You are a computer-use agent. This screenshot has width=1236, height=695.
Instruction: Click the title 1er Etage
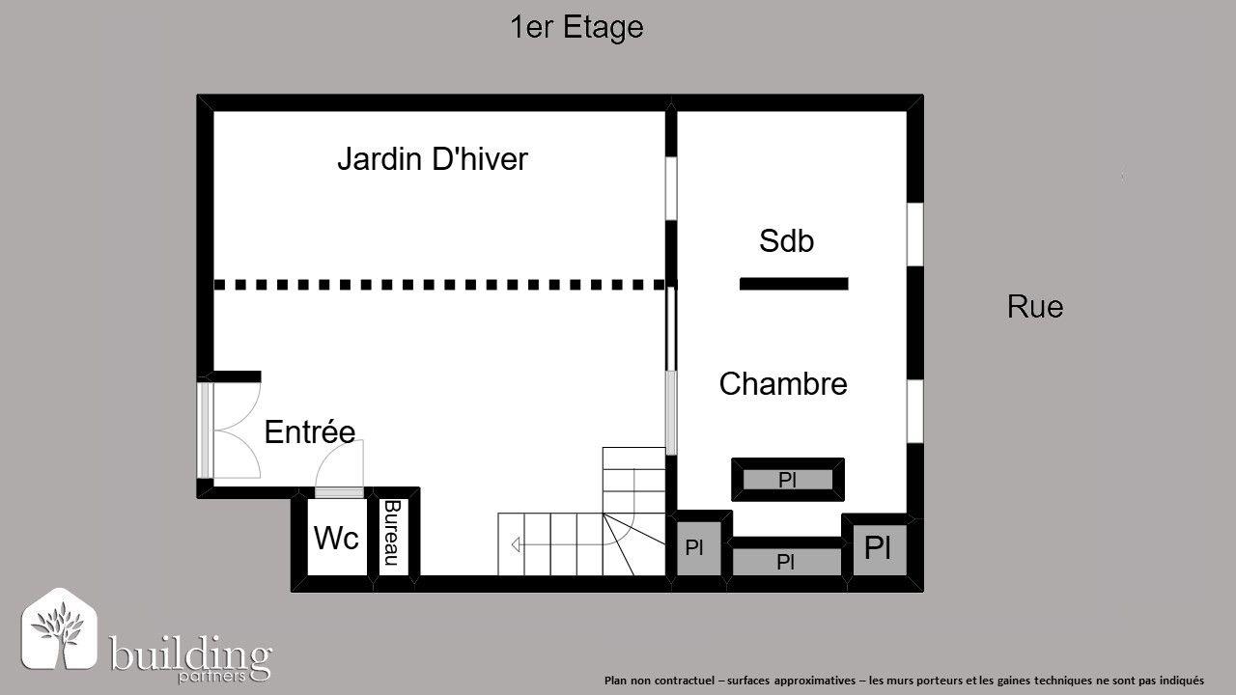pyautogui.click(x=576, y=28)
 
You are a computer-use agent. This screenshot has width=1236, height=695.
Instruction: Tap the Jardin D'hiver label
pyautogui.click(x=433, y=159)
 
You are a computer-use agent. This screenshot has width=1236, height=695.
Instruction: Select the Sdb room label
pyautogui.click(x=786, y=240)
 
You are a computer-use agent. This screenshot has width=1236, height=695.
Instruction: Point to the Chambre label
pyautogui.click(x=783, y=383)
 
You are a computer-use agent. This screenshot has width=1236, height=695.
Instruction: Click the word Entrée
pyautogui.click(x=310, y=431)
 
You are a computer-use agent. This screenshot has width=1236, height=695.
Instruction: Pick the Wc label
pyautogui.click(x=336, y=538)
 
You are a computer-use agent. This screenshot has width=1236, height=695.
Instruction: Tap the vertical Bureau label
pyautogui.click(x=391, y=533)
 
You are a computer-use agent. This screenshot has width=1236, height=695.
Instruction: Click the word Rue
pyautogui.click(x=1035, y=307)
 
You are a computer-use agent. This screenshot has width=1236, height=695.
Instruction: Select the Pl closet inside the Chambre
pyautogui.click(x=787, y=480)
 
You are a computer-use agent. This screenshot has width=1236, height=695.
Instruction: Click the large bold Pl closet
pyautogui.click(x=878, y=548)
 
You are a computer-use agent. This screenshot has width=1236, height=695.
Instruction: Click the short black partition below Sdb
pyautogui.click(x=794, y=284)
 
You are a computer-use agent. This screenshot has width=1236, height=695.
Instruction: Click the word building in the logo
pyautogui.click(x=190, y=653)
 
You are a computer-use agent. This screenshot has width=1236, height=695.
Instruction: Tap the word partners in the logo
pyautogui.click(x=211, y=677)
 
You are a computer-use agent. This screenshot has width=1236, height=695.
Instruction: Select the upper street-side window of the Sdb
pyautogui.click(x=914, y=235)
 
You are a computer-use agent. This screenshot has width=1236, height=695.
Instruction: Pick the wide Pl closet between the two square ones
pyautogui.click(x=786, y=562)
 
